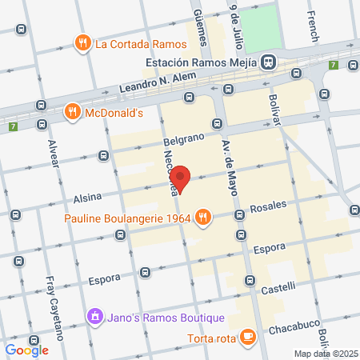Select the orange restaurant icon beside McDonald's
point(73,113)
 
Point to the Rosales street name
point(267,206)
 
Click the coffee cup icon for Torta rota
point(247,336)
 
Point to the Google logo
point(26,350)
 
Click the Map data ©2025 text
point(325,354)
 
